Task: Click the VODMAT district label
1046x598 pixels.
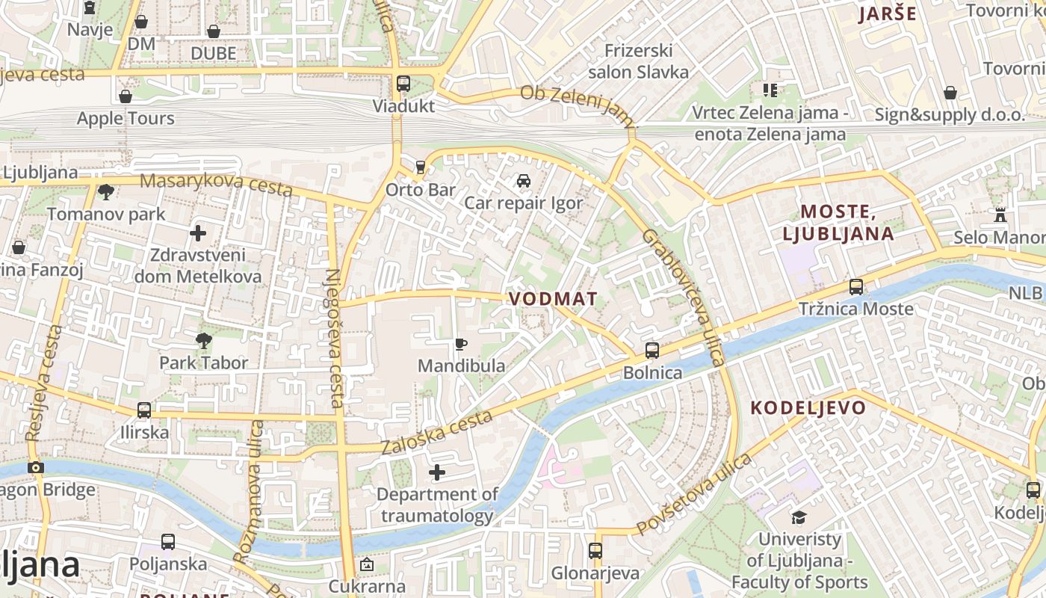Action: coord(553,299)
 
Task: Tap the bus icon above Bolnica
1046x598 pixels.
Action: coord(652,351)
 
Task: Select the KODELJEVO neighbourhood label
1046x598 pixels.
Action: coord(808,408)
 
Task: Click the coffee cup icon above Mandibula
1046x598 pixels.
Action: coord(461,344)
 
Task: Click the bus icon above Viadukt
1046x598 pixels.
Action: coord(403,83)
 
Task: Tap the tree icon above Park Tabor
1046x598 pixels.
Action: coord(203,342)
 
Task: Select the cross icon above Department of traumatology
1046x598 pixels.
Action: coord(437,472)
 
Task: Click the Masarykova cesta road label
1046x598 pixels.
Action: coord(216,184)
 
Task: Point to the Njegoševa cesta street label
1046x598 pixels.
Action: coord(335,338)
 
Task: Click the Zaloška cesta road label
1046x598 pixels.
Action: coord(437,432)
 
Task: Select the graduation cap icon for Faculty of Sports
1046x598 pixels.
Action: coord(799,517)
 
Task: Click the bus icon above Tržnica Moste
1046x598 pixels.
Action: coord(856,287)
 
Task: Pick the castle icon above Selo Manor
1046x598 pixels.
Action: coord(1000,215)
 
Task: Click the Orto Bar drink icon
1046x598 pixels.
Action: coord(421,167)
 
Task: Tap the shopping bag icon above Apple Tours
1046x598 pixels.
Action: coord(126,96)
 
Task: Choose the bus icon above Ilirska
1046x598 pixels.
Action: coord(144,410)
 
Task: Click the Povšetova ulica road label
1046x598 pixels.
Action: coord(694,494)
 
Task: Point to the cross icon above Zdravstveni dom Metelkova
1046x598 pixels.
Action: coord(198,233)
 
